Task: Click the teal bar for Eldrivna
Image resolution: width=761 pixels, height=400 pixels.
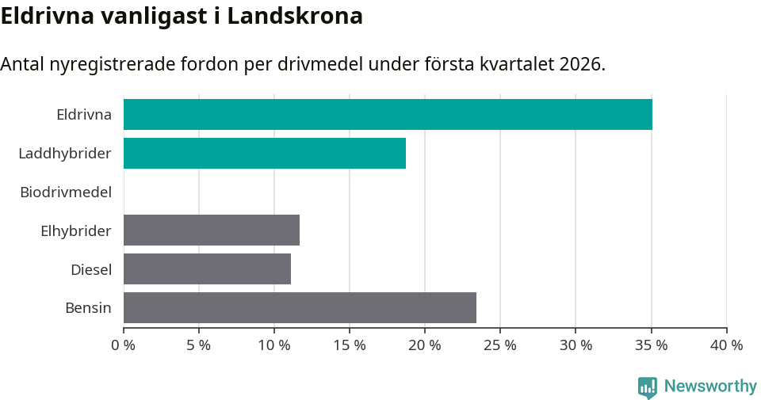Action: click(x=388, y=114)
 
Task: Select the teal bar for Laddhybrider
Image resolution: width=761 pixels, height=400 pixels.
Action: click(x=265, y=153)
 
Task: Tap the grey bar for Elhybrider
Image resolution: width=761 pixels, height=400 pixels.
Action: click(x=212, y=230)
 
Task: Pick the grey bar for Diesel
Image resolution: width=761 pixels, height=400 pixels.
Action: click(x=207, y=269)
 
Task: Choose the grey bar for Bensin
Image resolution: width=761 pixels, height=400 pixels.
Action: click(x=300, y=308)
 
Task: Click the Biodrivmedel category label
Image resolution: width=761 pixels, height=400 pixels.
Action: click(x=66, y=192)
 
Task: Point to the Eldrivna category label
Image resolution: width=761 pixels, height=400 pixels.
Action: click(x=84, y=114)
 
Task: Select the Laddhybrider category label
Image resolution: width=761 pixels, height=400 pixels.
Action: click(x=65, y=153)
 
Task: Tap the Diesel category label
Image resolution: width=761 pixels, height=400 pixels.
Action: click(x=91, y=269)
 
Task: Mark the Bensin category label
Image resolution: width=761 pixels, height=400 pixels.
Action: click(x=88, y=308)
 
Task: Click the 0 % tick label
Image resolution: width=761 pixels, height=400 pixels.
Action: click(x=124, y=345)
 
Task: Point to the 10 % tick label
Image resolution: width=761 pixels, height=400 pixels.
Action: click(x=274, y=345)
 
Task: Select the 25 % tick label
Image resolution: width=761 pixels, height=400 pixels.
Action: click(x=500, y=345)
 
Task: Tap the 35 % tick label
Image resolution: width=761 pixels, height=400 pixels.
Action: click(x=651, y=345)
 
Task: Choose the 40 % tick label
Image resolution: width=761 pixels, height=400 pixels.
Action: click(x=726, y=345)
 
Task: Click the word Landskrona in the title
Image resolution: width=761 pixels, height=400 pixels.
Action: click(x=295, y=16)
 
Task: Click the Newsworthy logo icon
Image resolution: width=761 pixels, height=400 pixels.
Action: click(x=648, y=387)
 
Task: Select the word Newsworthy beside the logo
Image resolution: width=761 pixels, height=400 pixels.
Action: click(x=710, y=387)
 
